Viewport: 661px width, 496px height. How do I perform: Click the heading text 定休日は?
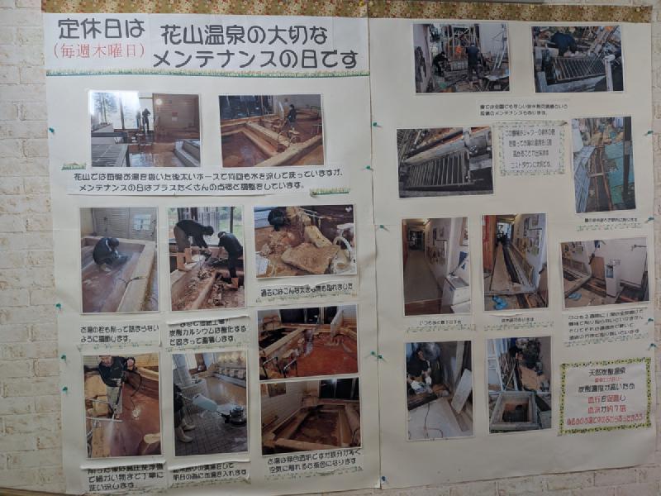101,29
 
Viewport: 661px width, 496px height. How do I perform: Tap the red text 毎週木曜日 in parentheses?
99,50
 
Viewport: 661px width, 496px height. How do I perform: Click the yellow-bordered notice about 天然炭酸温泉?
605,395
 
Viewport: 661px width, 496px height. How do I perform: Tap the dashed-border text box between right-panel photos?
530,147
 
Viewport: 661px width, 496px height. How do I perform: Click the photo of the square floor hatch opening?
518,384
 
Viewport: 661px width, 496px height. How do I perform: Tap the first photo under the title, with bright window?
145,129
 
